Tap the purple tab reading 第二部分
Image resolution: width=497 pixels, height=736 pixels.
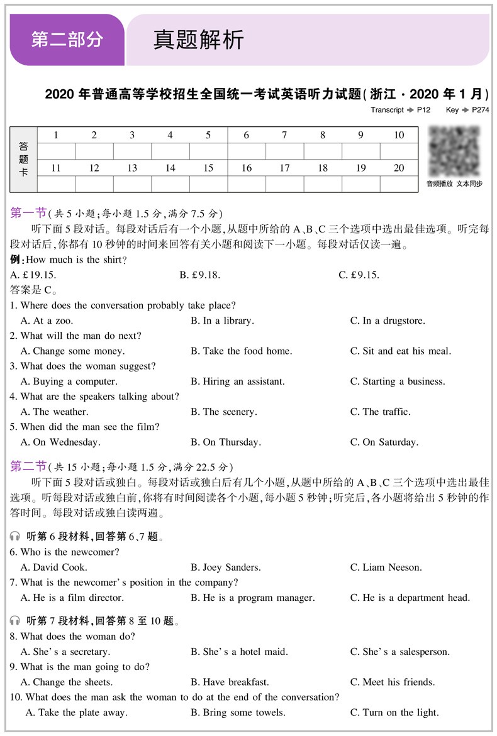click(x=67, y=40)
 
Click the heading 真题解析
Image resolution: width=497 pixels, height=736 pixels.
click(x=199, y=40)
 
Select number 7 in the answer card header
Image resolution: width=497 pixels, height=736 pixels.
click(x=284, y=135)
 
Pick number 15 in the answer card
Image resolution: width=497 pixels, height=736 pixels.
click(x=208, y=168)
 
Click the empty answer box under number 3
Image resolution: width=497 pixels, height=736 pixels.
click(x=132, y=151)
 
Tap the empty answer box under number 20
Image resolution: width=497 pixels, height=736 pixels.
click(x=399, y=184)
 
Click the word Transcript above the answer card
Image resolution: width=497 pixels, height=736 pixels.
click(x=387, y=109)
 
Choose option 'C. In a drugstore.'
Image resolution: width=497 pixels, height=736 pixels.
click(x=388, y=321)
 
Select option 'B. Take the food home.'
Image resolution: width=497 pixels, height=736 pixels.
click(x=242, y=351)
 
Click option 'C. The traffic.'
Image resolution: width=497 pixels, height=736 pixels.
click(x=380, y=412)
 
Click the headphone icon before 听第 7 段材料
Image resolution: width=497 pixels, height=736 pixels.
click(x=15, y=621)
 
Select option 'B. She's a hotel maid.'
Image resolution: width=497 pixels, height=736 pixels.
click(x=239, y=652)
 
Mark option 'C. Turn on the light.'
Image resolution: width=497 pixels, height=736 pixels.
click(x=394, y=712)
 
